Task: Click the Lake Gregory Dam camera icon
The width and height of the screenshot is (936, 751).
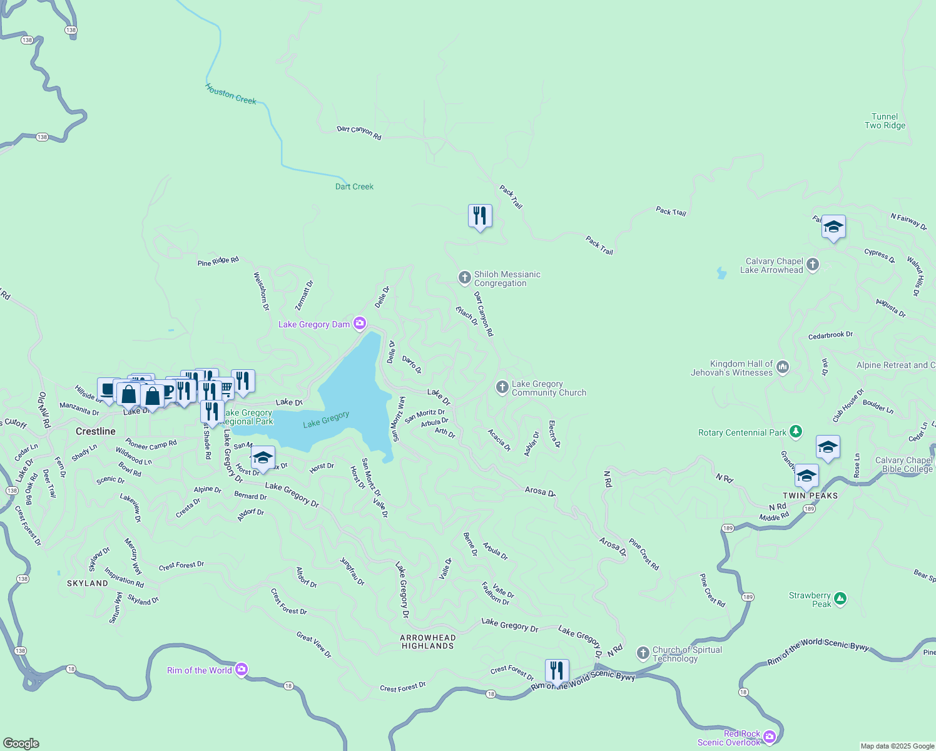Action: tap(360, 324)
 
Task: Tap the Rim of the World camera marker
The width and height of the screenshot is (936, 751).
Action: tap(242, 670)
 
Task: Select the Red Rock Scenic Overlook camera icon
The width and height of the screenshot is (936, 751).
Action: tap(770, 737)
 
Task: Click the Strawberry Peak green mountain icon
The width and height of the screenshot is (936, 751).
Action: tap(840, 599)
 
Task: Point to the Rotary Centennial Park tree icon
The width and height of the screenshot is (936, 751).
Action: tap(795, 431)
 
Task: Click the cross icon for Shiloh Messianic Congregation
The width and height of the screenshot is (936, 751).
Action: tap(464, 278)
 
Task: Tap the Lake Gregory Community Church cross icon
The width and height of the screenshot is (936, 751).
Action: tap(502, 387)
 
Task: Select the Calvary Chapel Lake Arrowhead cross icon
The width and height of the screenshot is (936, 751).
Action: tap(813, 265)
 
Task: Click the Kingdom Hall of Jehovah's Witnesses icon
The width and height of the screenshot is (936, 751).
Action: tap(783, 367)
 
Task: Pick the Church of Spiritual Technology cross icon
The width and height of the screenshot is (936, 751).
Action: tap(643, 653)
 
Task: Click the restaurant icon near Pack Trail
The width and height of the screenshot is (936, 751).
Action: tap(480, 216)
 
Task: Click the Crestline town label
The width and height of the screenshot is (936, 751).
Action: tap(96, 431)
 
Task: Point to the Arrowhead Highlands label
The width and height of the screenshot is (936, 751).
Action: tap(428, 641)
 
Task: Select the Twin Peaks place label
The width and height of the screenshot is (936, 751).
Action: tap(810, 496)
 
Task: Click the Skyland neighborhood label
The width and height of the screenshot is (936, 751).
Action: tap(88, 583)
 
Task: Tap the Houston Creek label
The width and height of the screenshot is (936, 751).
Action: tap(231, 95)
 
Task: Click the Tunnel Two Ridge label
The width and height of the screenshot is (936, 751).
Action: tap(885, 121)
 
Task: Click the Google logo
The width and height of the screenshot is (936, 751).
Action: tap(21, 743)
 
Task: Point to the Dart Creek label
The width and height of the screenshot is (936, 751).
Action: tap(354, 186)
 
